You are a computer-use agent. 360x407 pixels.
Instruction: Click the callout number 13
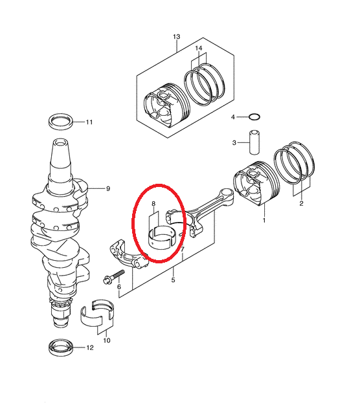[176, 37]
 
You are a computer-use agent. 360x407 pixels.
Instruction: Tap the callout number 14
[198, 49]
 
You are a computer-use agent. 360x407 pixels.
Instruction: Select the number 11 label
[89, 122]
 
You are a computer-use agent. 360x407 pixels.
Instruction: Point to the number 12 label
[90, 347]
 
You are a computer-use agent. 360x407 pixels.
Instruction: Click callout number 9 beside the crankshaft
[108, 189]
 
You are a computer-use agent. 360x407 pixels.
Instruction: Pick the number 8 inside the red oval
[153, 204]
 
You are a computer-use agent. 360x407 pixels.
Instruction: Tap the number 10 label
[107, 340]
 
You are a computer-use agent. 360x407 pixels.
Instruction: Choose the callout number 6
[119, 287]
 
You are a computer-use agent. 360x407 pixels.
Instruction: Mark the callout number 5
[174, 280]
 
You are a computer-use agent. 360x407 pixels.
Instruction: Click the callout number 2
[301, 203]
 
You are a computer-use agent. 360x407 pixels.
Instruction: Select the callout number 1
[264, 221]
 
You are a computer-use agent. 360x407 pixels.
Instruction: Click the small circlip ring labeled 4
[254, 117]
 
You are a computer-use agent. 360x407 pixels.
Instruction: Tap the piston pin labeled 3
[254, 142]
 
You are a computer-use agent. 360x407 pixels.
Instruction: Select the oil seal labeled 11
[60, 121]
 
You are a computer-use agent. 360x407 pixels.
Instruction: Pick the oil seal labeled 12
[60, 347]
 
